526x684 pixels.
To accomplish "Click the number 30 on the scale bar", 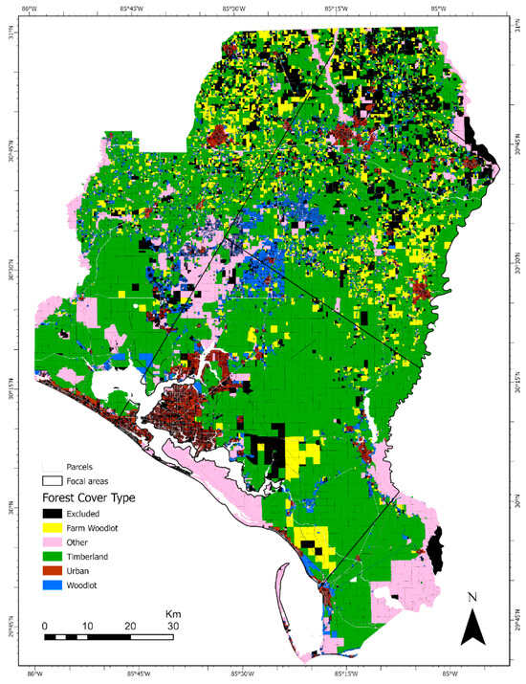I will [x=173, y=627].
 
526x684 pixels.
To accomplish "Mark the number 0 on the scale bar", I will [x=45, y=627].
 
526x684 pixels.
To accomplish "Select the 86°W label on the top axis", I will [x=35, y=8].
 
